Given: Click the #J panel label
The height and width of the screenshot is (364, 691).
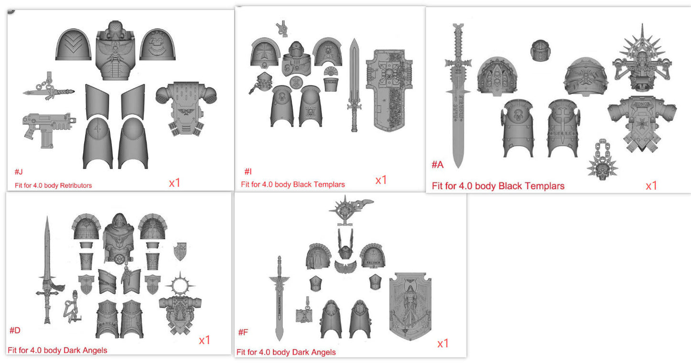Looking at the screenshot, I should click(x=19, y=171).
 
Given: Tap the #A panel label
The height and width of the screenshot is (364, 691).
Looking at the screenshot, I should click(x=438, y=165).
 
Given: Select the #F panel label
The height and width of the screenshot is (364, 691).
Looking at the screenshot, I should click(x=243, y=332).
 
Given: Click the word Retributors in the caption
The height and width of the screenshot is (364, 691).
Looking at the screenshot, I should click(x=75, y=185).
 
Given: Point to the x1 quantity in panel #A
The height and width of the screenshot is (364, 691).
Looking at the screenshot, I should click(x=651, y=186).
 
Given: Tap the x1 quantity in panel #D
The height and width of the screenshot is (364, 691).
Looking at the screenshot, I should click(x=205, y=340).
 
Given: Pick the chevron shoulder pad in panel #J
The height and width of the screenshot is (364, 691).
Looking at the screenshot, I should click(x=73, y=44).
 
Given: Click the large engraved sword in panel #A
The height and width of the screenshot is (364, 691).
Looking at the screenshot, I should click(x=458, y=96).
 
